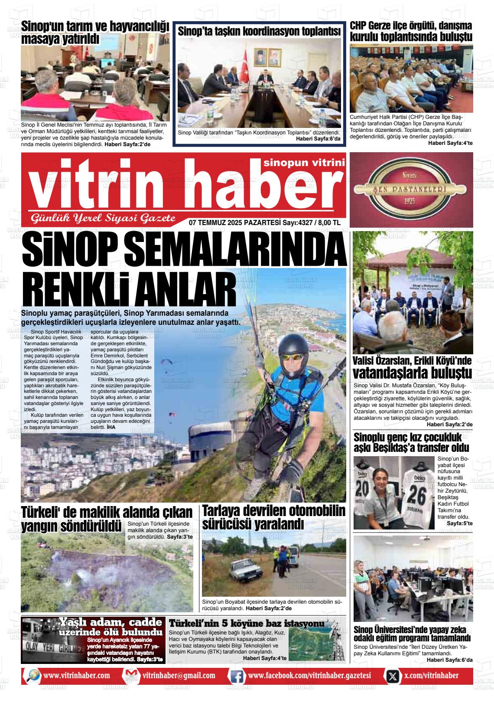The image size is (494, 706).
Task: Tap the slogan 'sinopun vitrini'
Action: pyautogui.click(x=304, y=163)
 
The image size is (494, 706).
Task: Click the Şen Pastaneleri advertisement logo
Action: pyautogui.click(x=411, y=190)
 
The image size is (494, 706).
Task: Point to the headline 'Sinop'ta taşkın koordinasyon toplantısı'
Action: pyautogui.click(x=259, y=31)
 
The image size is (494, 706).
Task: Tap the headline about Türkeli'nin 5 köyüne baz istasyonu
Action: pyautogui.click(x=246, y=624)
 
